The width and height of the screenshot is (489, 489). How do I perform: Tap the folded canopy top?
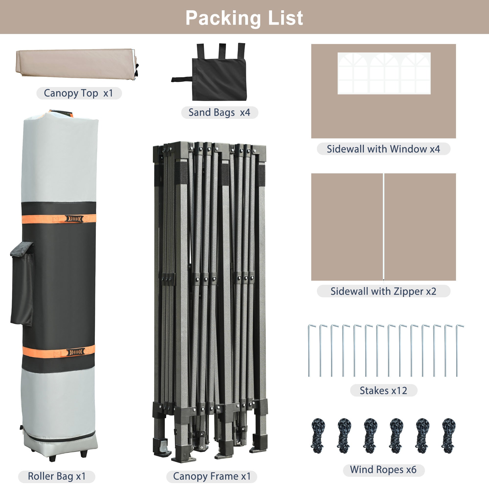tap(77, 64)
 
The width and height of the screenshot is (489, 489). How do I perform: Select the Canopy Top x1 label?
tap(79, 93)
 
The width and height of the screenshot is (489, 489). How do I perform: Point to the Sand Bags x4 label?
tap(220, 112)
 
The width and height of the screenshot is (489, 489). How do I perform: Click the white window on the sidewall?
tap(384, 73)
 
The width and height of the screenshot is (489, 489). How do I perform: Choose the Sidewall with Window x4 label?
tap(383, 149)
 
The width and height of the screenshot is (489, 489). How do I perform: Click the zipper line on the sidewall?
tap(384, 227)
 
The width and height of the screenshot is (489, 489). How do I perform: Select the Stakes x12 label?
tap(383, 390)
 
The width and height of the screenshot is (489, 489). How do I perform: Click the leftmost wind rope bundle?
tap(318, 436)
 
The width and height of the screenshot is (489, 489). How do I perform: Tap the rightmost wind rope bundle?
tap(449, 436)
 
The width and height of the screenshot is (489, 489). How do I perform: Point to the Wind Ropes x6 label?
tap(383, 469)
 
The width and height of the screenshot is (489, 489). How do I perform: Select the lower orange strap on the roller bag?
tap(59, 351)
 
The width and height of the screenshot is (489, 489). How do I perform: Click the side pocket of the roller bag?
tap(22, 283)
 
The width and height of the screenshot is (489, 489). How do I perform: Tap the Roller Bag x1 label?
tap(57, 476)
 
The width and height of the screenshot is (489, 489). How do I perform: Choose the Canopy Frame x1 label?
tap(212, 476)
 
